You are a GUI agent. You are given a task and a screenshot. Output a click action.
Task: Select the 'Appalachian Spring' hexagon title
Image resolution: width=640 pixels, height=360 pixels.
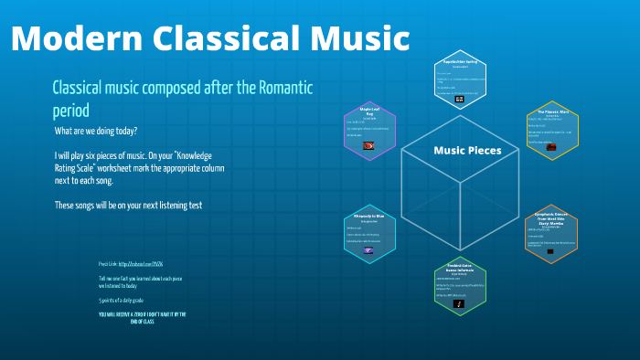coord(460,62)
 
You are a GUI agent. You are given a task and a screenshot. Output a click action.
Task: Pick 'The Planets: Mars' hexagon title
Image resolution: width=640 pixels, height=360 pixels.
coord(552,114)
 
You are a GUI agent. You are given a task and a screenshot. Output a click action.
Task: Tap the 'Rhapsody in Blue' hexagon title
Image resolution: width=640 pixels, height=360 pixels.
coord(368,217)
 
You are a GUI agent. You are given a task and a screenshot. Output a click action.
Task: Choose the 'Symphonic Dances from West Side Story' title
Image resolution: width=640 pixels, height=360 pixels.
coord(551,219)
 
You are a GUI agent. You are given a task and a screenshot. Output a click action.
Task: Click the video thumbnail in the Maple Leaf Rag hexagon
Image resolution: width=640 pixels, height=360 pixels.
coord(368,145)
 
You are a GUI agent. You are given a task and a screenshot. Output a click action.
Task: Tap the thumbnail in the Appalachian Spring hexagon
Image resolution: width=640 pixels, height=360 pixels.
coord(460,98)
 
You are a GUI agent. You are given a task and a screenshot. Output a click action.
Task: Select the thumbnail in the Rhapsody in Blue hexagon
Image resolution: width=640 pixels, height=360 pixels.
coord(368,249)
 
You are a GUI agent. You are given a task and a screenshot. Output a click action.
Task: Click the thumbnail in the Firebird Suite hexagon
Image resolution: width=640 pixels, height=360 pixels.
coord(460,305)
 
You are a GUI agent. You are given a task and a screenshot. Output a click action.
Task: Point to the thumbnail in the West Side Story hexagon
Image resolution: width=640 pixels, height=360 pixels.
coord(551,249)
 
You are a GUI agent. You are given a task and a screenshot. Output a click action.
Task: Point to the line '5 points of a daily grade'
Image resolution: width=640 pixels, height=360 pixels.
coord(126,300)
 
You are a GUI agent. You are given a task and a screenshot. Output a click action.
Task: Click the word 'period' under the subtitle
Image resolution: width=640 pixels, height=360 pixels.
coord(71,111)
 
